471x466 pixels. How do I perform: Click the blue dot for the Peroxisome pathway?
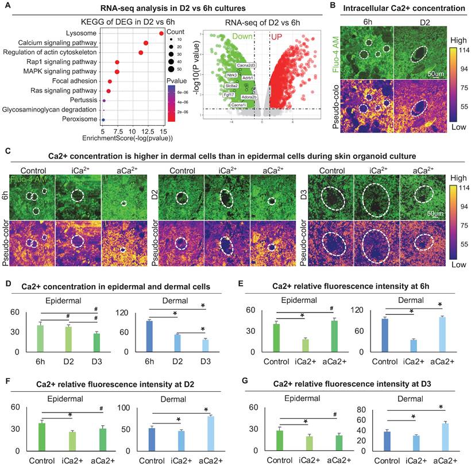103,119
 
